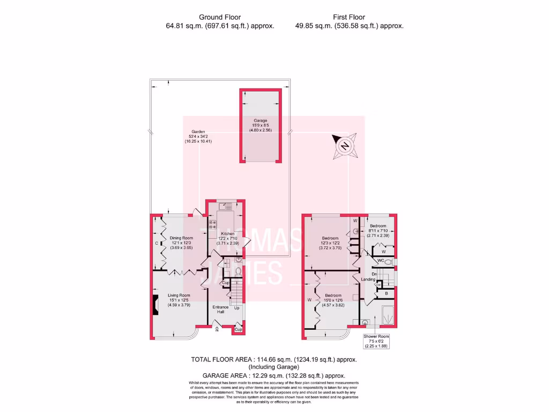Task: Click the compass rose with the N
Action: [344, 145]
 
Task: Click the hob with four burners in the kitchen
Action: [212, 225]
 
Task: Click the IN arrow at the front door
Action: [217, 328]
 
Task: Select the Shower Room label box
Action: [376, 341]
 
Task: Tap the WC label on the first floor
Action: [381, 261]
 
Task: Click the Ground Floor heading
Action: [220, 17]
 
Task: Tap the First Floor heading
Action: [349, 17]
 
